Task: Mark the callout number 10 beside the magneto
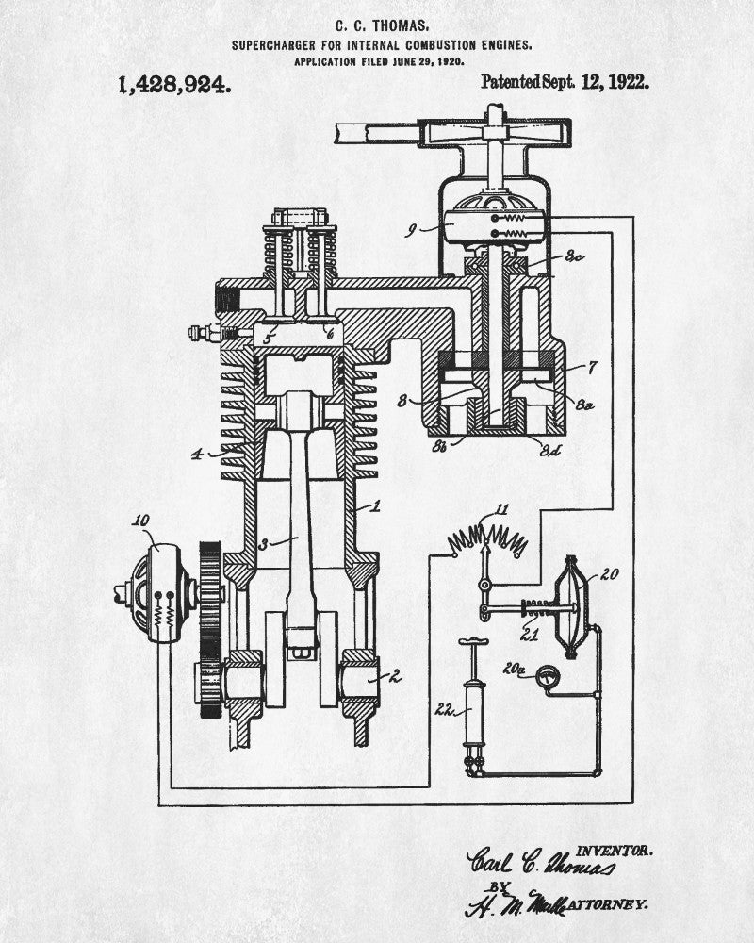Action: tap(141, 521)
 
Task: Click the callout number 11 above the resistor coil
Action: tap(501, 510)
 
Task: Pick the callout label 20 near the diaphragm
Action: tap(609, 571)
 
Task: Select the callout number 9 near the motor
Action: tap(411, 229)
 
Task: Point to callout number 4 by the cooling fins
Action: tap(197, 455)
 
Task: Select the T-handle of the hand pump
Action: tap(471, 643)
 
